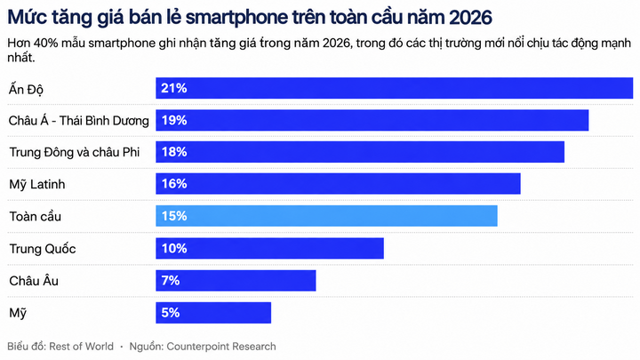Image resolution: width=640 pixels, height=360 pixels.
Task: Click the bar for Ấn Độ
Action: tap(395, 88)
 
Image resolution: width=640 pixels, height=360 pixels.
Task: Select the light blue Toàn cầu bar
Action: tap(326, 216)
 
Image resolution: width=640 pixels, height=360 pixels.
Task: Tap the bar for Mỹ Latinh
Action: tap(338, 184)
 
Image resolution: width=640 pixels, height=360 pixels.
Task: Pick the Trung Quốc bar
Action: tap(270, 248)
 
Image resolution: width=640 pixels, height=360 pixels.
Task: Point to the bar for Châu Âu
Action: tap(236, 280)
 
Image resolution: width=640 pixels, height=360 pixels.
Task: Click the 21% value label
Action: tap(174, 88)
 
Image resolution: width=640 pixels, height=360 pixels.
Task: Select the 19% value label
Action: tap(174, 120)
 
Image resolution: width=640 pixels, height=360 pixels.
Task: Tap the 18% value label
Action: tap(174, 152)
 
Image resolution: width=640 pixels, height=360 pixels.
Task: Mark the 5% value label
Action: tap(171, 313)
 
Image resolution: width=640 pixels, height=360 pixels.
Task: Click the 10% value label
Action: tap(174, 248)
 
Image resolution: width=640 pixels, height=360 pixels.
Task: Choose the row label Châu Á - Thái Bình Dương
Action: tap(79, 121)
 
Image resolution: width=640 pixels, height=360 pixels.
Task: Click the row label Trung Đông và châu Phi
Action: tap(75, 152)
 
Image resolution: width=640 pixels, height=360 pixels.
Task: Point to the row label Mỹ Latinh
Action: tap(37, 185)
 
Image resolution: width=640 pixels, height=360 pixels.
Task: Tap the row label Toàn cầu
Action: tap(35, 216)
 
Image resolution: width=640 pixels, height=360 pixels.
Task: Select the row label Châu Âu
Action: tap(34, 281)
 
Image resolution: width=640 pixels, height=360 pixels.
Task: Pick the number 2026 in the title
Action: tap(470, 18)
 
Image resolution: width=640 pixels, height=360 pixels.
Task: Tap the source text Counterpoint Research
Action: tap(221, 347)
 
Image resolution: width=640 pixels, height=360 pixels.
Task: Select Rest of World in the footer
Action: tap(81, 347)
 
